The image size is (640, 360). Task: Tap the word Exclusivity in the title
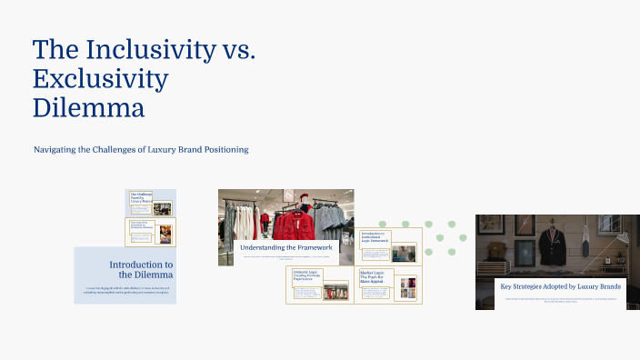point(100,79)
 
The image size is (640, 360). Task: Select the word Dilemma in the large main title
point(88,108)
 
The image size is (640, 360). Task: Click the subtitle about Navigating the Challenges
point(141,149)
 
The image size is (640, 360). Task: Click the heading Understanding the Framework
point(286,247)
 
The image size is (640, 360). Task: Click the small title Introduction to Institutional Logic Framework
point(375,237)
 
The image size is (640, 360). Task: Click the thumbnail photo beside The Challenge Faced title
point(162,207)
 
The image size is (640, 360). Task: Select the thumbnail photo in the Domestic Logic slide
point(334,293)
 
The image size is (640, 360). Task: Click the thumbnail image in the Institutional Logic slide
point(403,252)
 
